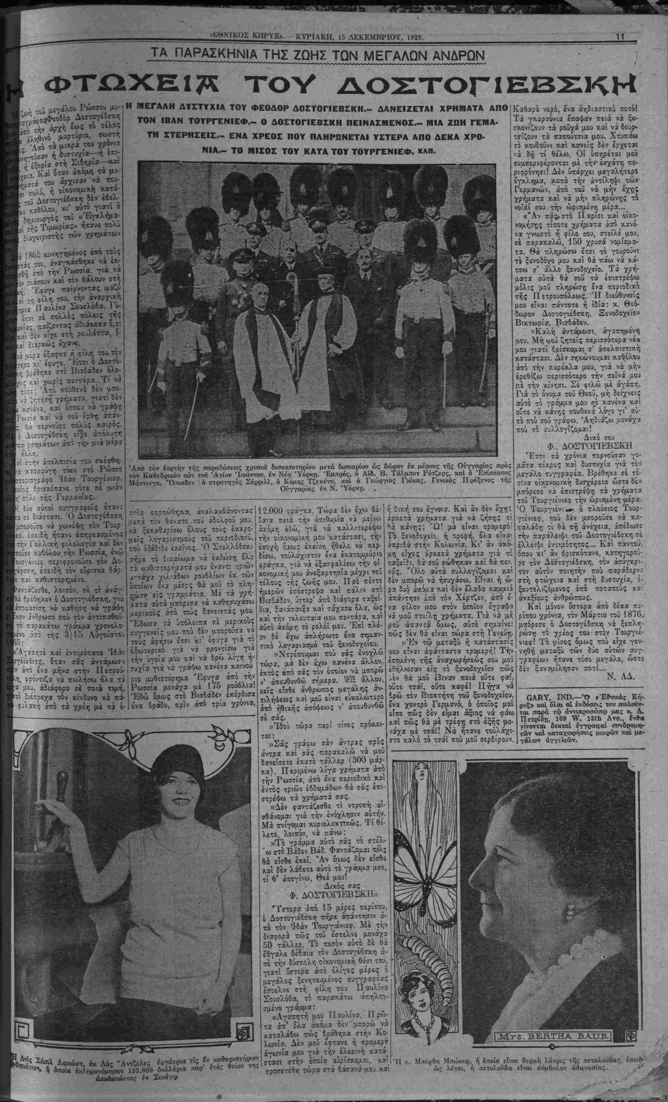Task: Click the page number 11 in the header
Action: click(620, 38)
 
